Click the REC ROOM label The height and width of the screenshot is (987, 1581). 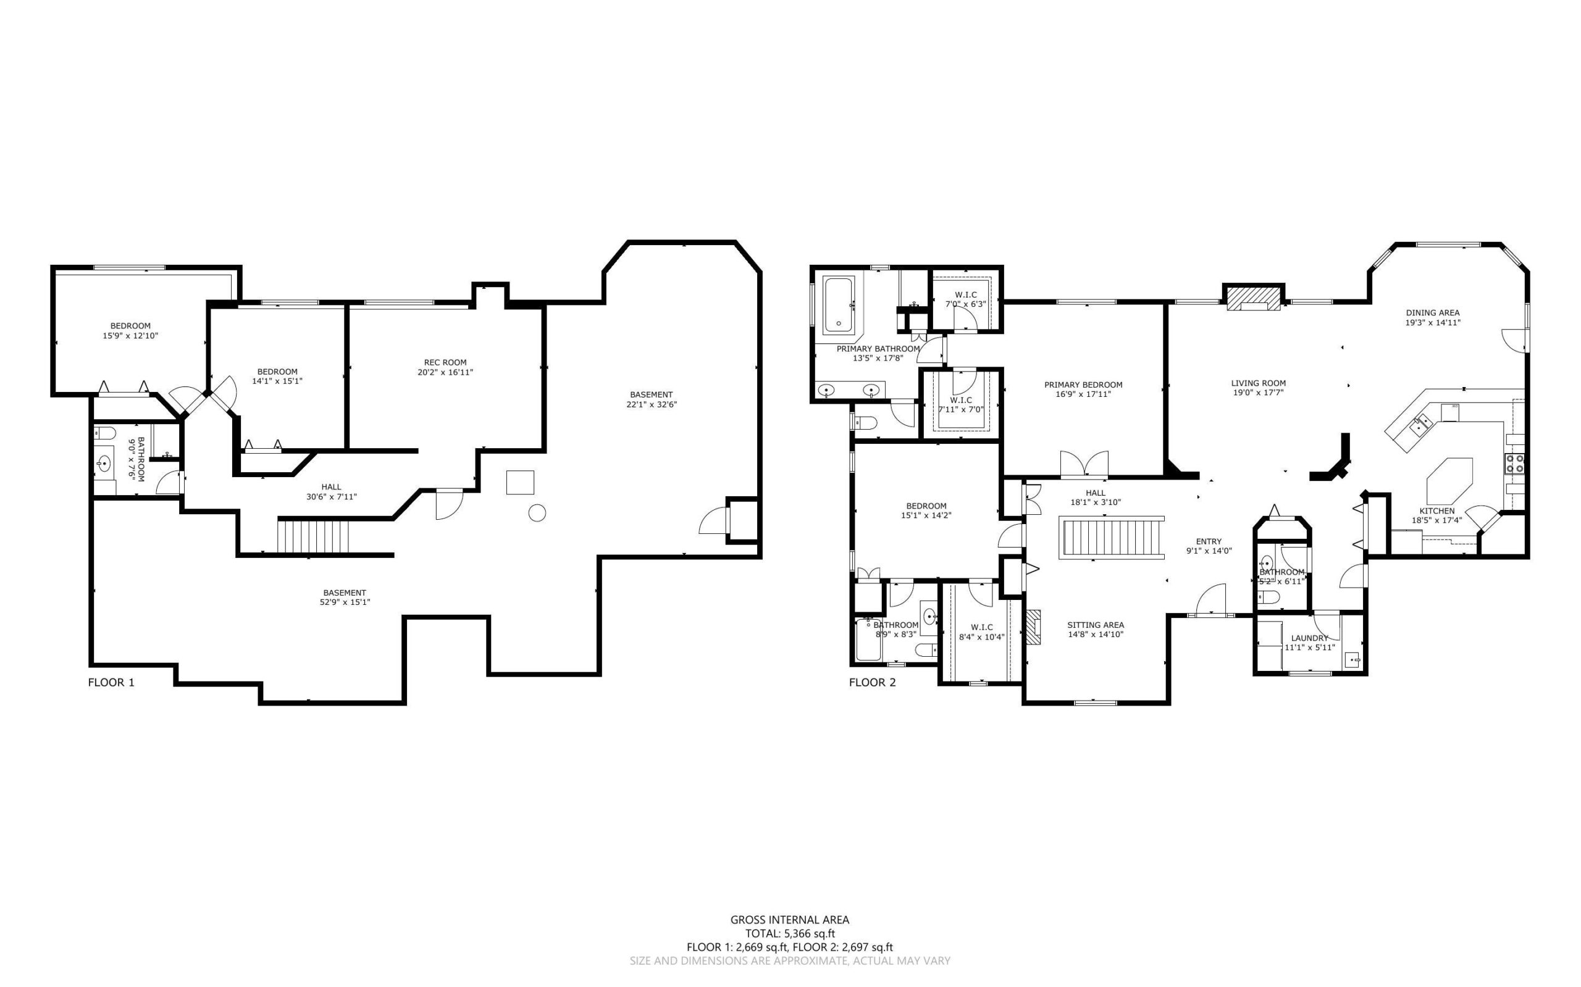(x=445, y=362)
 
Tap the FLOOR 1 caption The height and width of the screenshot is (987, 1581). (x=111, y=682)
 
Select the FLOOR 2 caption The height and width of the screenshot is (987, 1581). (x=873, y=682)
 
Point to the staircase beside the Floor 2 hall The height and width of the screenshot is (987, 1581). (x=1113, y=536)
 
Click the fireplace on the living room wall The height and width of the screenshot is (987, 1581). (x=1253, y=298)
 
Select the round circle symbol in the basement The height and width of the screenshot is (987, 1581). (x=537, y=513)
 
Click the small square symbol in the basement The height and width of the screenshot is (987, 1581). (x=520, y=483)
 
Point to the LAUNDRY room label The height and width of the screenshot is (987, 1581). (x=1309, y=638)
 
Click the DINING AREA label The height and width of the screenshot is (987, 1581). (x=1433, y=313)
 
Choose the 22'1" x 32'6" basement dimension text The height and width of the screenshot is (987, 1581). (x=651, y=404)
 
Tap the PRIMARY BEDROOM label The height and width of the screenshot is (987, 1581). (x=1083, y=385)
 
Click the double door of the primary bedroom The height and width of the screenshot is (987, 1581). (x=1084, y=463)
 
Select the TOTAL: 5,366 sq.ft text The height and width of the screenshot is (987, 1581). (x=790, y=933)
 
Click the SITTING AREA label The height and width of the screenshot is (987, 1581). (x=1096, y=625)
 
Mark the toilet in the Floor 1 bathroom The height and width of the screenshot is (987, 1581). (x=104, y=433)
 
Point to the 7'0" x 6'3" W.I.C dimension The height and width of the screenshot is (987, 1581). (x=966, y=304)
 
